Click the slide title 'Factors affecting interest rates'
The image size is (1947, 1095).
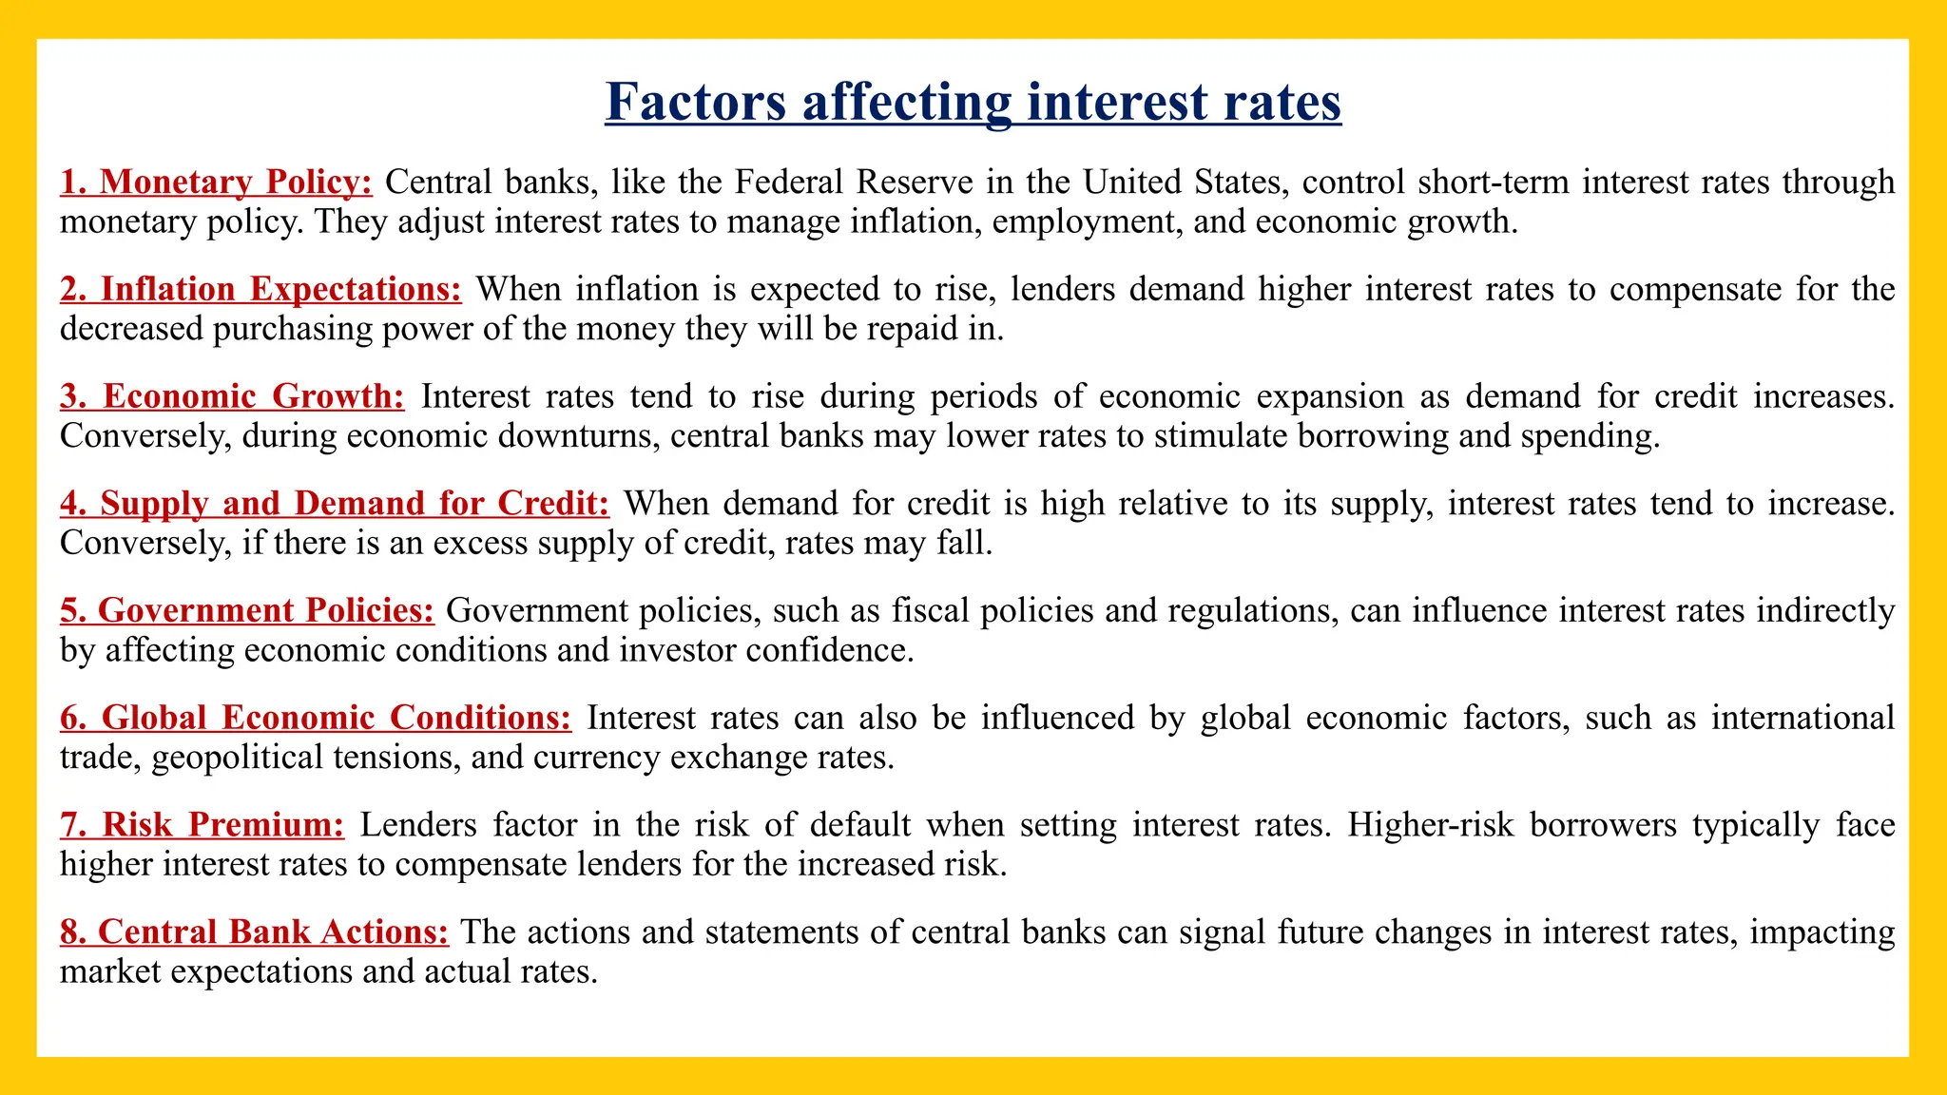tap(973, 102)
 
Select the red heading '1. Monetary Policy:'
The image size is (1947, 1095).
tap(216, 182)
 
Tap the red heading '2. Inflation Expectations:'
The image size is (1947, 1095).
tap(260, 289)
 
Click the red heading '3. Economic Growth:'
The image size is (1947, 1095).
tap(232, 396)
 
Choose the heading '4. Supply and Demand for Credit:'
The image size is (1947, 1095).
tap(334, 503)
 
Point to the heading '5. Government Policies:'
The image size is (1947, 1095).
tap(246, 610)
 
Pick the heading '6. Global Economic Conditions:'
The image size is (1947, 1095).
tap(316, 718)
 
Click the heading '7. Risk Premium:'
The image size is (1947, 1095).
tap(202, 824)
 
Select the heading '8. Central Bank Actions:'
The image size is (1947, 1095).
tap(254, 932)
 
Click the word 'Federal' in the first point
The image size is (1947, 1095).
tap(789, 182)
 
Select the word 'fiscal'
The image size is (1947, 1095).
tap(929, 610)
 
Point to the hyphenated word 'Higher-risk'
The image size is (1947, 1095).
tap(1430, 824)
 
